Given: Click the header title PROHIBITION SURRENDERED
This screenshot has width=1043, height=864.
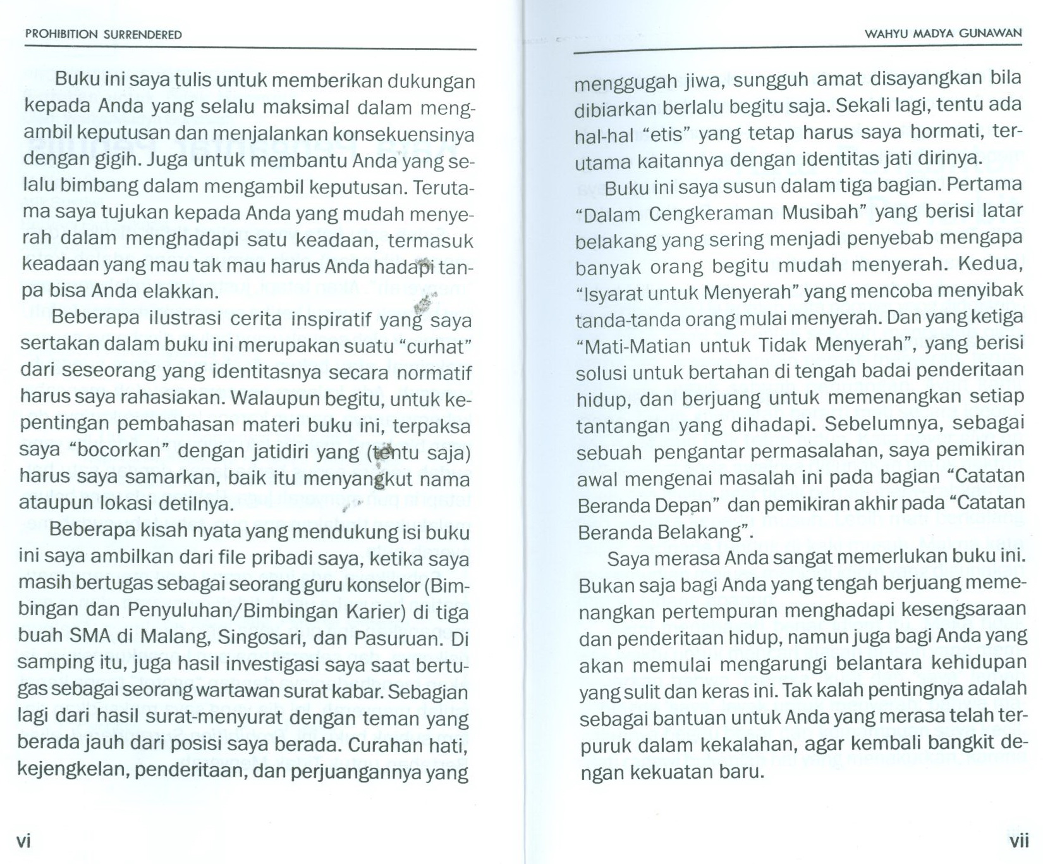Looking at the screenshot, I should pyautogui.click(x=103, y=35).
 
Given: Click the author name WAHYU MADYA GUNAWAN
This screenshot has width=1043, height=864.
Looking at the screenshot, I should pyautogui.click(x=942, y=34).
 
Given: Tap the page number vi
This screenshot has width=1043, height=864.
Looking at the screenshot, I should pyautogui.click(x=23, y=841).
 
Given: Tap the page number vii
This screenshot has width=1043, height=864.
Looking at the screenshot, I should pyautogui.click(x=1019, y=841).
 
